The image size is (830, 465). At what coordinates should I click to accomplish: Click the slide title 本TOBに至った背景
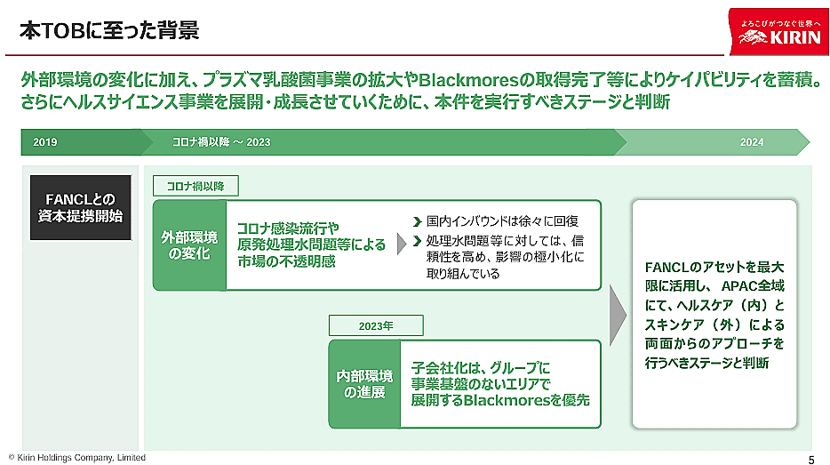click(x=109, y=31)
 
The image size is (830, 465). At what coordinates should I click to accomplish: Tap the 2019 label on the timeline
click(x=44, y=142)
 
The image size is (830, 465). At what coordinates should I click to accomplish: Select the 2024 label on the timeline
click(x=752, y=142)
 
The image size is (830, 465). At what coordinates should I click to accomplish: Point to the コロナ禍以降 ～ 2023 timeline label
click(x=221, y=142)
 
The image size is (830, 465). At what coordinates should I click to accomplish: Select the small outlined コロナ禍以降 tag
click(x=196, y=186)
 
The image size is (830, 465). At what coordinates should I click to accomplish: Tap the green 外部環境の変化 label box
click(x=189, y=245)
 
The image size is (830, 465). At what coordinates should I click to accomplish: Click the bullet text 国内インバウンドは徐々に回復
click(x=502, y=220)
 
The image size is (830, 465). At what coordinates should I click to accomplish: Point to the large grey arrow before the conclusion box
click(x=617, y=316)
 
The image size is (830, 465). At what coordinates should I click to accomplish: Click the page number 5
click(x=810, y=458)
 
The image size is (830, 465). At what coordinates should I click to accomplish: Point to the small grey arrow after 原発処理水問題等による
click(x=401, y=244)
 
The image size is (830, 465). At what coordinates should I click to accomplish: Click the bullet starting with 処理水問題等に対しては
click(x=504, y=257)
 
